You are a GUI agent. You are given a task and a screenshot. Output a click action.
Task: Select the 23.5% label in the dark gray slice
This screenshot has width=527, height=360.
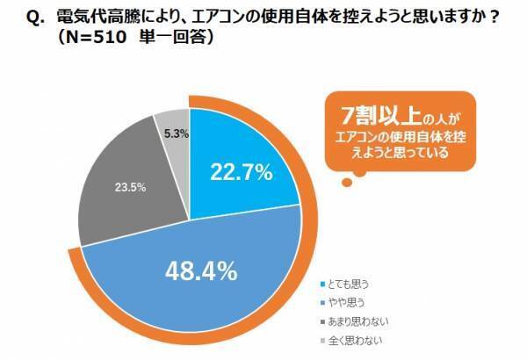[128, 186]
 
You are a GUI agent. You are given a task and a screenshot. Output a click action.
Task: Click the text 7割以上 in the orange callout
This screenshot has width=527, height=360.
[377, 115]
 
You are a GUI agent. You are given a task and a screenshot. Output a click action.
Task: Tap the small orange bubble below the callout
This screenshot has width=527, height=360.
[348, 182]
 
